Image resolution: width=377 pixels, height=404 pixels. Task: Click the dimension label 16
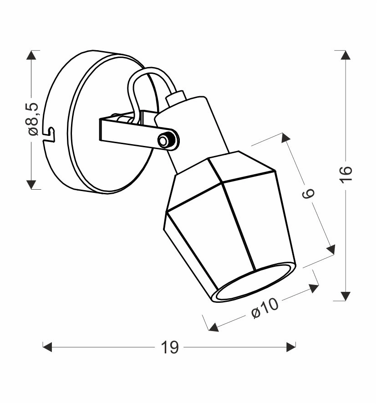pyautogui.click(x=345, y=175)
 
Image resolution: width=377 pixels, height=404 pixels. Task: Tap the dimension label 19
pyautogui.click(x=169, y=347)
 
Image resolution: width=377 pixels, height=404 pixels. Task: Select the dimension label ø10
pyautogui.click(x=265, y=308)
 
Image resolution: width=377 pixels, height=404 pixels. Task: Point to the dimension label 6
pyautogui.click(x=308, y=193)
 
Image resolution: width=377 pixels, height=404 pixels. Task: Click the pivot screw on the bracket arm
pyautogui.click(x=163, y=141)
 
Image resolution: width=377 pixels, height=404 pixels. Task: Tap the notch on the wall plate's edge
pyautogui.click(x=50, y=134)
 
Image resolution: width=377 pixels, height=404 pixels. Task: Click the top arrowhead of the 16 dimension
pyautogui.click(x=345, y=55)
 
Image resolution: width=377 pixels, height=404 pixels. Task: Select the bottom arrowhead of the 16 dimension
pyautogui.click(x=345, y=296)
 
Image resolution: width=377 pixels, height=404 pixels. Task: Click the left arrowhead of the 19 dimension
pyautogui.click(x=47, y=347)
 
